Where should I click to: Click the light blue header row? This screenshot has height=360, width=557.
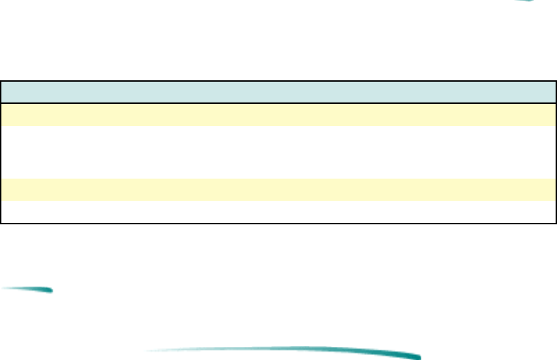coord(278,93)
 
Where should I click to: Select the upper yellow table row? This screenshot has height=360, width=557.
coord(278,114)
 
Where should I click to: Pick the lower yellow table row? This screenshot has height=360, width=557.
coord(278,189)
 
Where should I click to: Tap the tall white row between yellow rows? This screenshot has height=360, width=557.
coord(278,152)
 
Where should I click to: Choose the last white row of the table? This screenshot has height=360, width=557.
coord(278,212)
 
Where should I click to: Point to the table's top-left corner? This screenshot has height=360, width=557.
coord(1,82)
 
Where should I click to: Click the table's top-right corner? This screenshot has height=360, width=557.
coord(556,82)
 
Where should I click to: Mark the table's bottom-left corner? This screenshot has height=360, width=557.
coord(1,223)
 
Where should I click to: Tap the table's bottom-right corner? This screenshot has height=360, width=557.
coord(556,223)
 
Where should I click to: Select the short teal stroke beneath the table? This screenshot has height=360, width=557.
coord(28,289)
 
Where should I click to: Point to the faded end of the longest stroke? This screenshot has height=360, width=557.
coord(156,350)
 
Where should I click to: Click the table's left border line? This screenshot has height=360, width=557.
coord(1,152)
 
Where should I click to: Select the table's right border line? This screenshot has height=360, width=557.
coord(556,152)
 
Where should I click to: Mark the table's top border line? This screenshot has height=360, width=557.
coord(278,82)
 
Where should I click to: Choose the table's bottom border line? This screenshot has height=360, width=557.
coord(278,223)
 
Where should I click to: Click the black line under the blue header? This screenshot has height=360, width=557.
coord(278,103)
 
